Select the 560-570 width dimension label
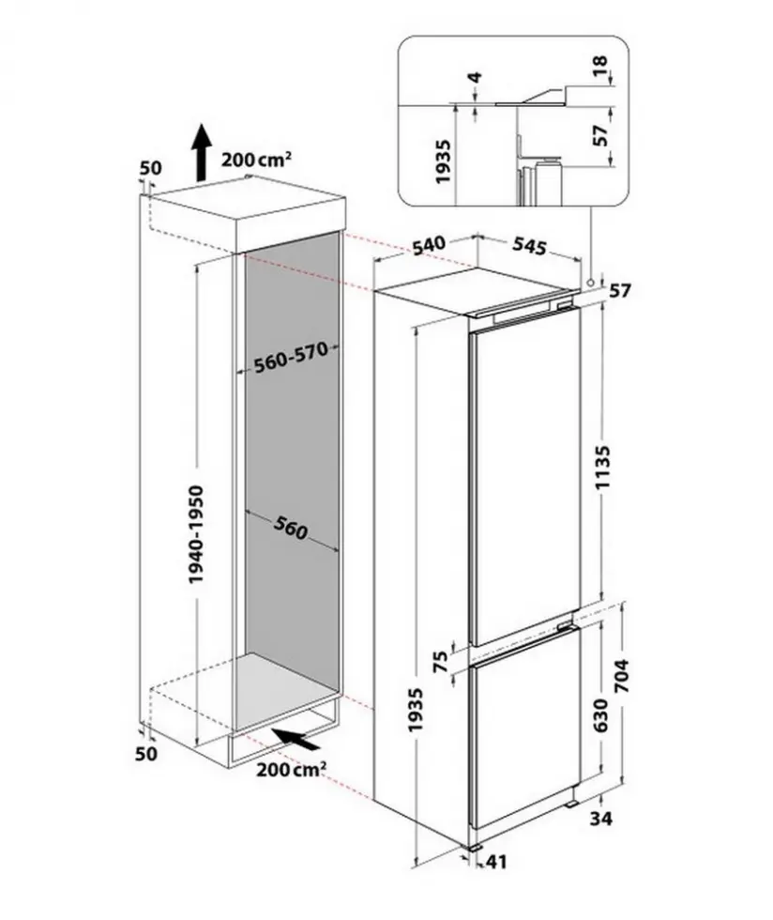289,358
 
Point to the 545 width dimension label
530,246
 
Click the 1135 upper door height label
602,468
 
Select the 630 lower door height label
601,715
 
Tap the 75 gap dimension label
441,661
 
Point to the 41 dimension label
495,862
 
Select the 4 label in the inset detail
476,77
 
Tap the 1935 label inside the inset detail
443,161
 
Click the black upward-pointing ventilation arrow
201,152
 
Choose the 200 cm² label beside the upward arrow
256,160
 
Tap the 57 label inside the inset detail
600,136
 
